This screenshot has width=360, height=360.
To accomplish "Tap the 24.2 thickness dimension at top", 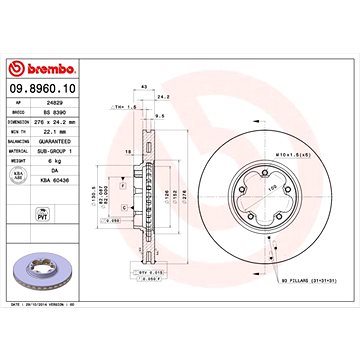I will [x=163, y=98].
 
